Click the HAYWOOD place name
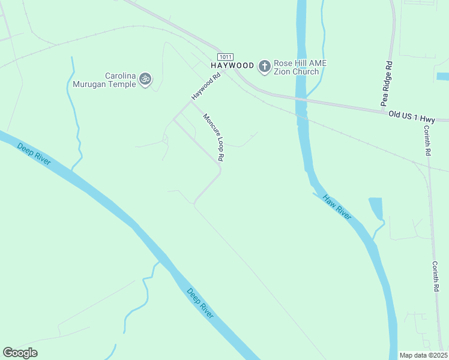coord(231,65)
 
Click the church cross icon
coord(264,66)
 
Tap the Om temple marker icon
coord(145,79)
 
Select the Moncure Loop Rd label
coord(213,137)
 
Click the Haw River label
coord(336,206)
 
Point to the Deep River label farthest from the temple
coord(200,303)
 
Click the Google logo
coord(20,353)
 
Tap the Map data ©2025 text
coord(423,355)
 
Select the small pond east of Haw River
coord(376,209)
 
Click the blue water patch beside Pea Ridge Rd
coord(443,76)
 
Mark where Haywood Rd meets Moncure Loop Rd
coord(191,101)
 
